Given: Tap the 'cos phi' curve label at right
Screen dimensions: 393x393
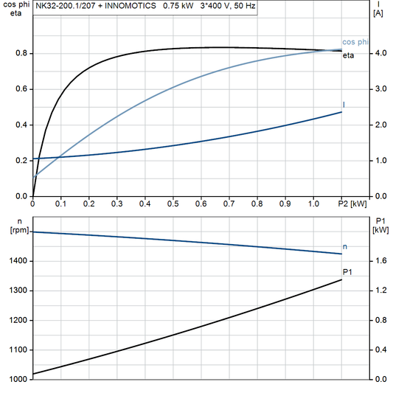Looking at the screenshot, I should [x=354, y=42].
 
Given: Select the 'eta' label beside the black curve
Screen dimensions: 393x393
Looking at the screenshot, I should [x=348, y=56].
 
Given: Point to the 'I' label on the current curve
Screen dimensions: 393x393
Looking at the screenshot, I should [x=344, y=105].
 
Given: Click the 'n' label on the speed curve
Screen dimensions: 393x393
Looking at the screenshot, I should [x=344, y=246].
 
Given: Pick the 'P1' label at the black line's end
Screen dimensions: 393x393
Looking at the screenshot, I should [x=347, y=273].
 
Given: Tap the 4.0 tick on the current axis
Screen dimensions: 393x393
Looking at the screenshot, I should [x=380, y=53].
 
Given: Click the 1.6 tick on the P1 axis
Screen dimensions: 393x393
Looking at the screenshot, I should [x=380, y=261].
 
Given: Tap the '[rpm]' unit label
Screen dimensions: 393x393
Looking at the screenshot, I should [x=15, y=230].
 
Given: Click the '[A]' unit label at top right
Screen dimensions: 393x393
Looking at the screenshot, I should [x=378, y=13].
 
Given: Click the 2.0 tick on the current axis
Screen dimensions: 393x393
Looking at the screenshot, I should [x=380, y=125].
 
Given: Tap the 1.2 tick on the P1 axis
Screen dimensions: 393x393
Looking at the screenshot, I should [x=380, y=291].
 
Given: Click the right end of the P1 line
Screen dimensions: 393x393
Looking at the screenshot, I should [x=341, y=279].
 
